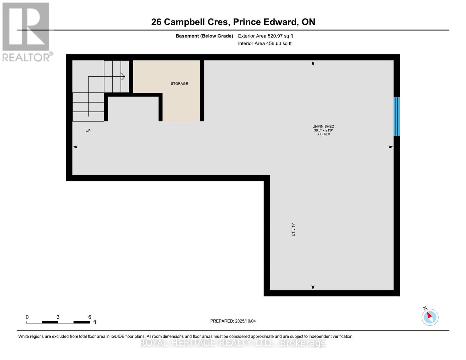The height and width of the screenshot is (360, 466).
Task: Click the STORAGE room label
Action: tap(179, 84)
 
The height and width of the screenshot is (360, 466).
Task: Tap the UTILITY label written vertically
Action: tap(293, 229)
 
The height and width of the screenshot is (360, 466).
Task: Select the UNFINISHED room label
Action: tap(323, 127)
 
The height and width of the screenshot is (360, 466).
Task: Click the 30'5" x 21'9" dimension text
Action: tap(323, 130)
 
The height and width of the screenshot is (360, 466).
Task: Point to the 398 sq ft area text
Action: tap(323, 134)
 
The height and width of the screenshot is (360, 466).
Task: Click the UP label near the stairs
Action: tap(88, 131)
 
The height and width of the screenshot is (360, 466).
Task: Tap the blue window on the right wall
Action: tap(396, 116)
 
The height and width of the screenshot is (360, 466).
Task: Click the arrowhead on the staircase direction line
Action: tap(123, 76)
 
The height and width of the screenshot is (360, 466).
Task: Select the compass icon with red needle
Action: tap(430, 317)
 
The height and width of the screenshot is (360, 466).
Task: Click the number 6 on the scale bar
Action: tap(89, 317)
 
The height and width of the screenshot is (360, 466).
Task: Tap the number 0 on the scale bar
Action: tap(27, 317)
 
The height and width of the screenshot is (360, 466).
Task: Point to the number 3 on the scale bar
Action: tap(58, 317)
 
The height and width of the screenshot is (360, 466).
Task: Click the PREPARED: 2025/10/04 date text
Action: tap(233, 321)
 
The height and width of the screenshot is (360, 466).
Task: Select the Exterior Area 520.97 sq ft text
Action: tap(265, 36)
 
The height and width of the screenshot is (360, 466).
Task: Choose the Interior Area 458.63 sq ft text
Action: tap(265, 43)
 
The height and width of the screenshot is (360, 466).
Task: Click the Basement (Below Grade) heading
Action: tap(204, 36)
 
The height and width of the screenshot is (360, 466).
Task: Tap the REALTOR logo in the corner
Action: tap(26, 31)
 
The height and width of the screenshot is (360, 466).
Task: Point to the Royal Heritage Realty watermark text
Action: tap(233, 343)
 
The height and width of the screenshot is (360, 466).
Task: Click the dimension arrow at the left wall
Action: tap(75, 147)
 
